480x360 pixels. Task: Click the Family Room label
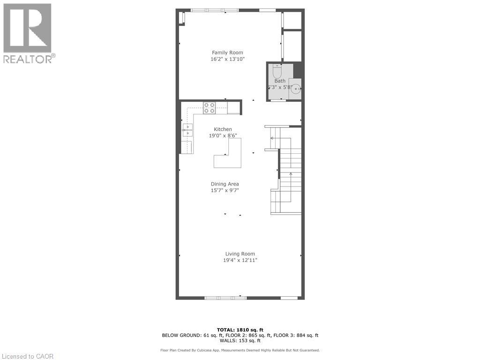pyautogui.click(x=227, y=52)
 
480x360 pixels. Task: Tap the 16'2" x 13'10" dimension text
pyautogui.click(x=227, y=59)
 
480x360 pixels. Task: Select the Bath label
pyautogui.click(x=280, y=81)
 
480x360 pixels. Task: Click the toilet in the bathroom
pyautogui.click(x=277, y=72)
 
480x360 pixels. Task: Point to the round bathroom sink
pyautogui.click(x=296, y=89)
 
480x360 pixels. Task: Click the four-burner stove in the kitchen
pyautogui.click(x=210, y=108)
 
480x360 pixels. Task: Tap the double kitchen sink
pyautogui.click(x=187, y=130)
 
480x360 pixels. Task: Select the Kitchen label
pyautogui.click(x=223, y=129)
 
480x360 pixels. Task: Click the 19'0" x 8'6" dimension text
pyautogui.click(x=223, y=135)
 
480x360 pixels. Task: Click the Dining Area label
pyautogui.click(x=225, y=184)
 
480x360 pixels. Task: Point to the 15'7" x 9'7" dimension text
pyautogui.click(x=225, y=190)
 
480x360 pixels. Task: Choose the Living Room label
pyautogui.click(x=240, y=254)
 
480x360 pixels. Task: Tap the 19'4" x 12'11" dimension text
pyautogui.click(x=240, y=260)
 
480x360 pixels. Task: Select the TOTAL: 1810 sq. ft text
pyautogui.click(x=240, y=330)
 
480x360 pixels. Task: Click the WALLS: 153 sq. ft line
pyautogui.click(x=240, y=340)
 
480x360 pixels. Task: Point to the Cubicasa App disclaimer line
pyautogui.click(x=240, y=350)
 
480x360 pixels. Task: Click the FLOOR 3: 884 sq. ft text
pyautogui.click(x=296, y=335)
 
